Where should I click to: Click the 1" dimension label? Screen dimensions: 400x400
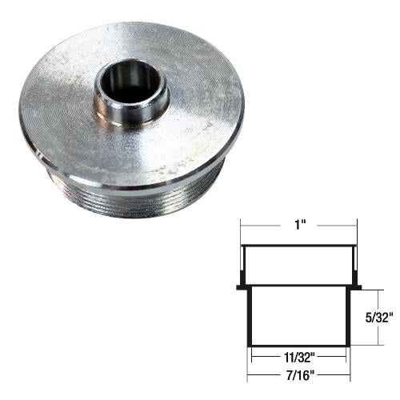pyautogui.click(x=298, y=226)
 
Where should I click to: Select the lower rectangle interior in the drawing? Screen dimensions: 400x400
pyautogui.click(x=298, y=316)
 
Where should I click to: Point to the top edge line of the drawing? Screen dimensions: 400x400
pyautogui.click(x=298, y=246)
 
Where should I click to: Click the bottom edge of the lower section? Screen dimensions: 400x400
pyautogui.click(x=298, y=346)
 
